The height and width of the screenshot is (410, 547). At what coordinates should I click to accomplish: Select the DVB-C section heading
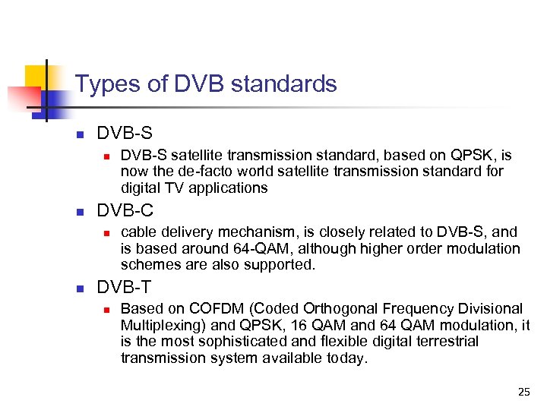coord(125,210)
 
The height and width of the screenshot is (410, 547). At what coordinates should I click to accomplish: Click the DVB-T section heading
coord(125,288)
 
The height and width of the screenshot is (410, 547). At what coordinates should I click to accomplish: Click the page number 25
coord(523,392)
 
